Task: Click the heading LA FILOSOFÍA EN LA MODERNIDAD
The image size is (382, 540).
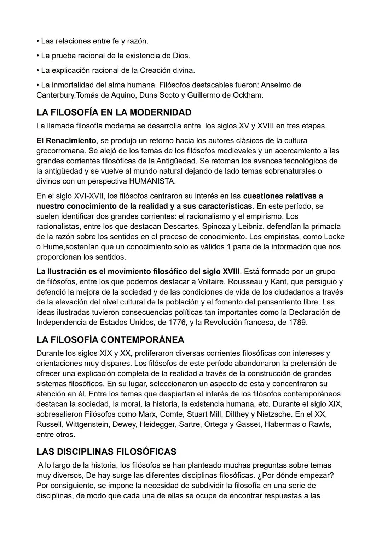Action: tap(114, 112)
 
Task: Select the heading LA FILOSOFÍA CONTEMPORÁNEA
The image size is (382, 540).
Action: tap(110, 340)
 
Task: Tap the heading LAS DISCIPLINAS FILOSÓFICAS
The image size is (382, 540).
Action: tap(106, 452)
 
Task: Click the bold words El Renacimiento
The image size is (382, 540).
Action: tap(66, 140)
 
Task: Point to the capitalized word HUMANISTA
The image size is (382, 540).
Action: tap(152, 181)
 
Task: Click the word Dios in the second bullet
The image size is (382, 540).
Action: tap(181, 56)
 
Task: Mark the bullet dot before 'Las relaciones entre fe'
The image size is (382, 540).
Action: tap(38, 41)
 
